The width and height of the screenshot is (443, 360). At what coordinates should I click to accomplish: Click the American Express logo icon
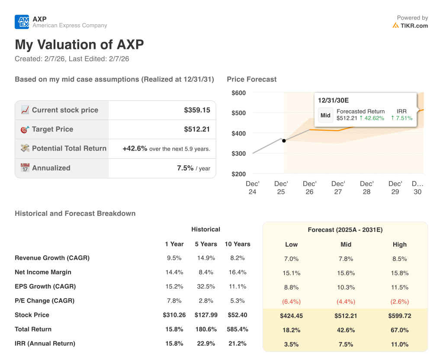pyautogui.click(x=22, y=22)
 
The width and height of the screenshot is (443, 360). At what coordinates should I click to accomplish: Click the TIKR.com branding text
pyautogui.click(x=414, y=26)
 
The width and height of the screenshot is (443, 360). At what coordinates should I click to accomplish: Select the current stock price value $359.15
pyautogui.click(x=197, y=110)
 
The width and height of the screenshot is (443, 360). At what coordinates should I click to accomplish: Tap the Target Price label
pyautogui.click(x=52, y=129)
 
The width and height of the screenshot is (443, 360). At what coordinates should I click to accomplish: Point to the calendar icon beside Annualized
pyautogui.click(x=25, y=168)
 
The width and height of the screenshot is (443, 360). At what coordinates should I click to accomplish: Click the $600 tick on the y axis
pyautogui.click(x=238, y=93)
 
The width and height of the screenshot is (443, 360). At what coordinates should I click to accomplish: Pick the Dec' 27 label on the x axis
pyautogui.click(x=338, y=188)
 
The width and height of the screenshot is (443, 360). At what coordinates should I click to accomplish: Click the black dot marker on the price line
pyautogui.click(x=284, y=141)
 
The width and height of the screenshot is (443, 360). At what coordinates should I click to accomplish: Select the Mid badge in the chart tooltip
pyautogui.click(x=325, y=115)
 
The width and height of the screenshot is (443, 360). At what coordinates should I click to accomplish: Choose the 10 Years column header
pyautogui.click(x=237, y=244)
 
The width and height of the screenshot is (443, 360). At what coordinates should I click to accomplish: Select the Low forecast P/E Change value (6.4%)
pyautogui.click(x=291, y=302)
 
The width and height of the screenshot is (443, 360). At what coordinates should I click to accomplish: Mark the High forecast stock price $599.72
pyautogui.click(x=400, y=316)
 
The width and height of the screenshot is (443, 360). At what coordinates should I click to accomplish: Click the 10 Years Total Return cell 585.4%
pyautogui.click(x=237, y=329)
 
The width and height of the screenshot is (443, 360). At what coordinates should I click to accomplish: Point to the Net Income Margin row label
pyautogui.click(x=43, y=272)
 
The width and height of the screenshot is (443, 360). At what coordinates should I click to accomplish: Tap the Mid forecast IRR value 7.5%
pyautogui.click(x=346, y=344)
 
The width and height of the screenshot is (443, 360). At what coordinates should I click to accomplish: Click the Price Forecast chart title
pyautogui.click(x=251, y=79)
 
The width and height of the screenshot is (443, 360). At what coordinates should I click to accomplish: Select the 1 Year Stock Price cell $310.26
pyautogui.click(x=174, y=315)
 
